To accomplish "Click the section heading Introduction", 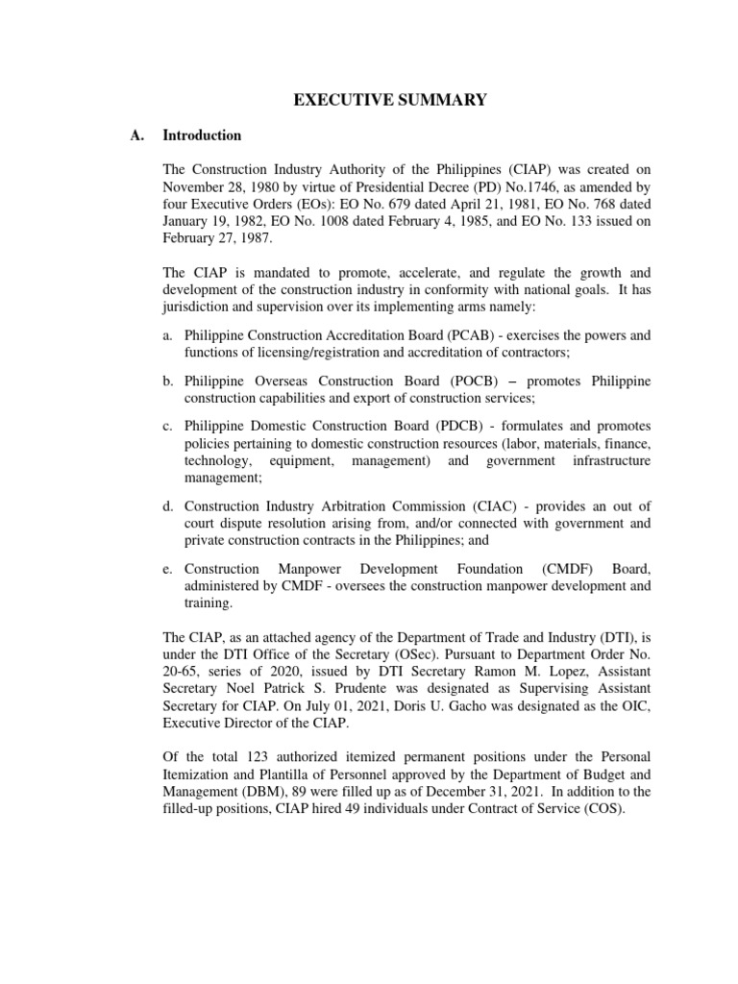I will click(x=202, y=135).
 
